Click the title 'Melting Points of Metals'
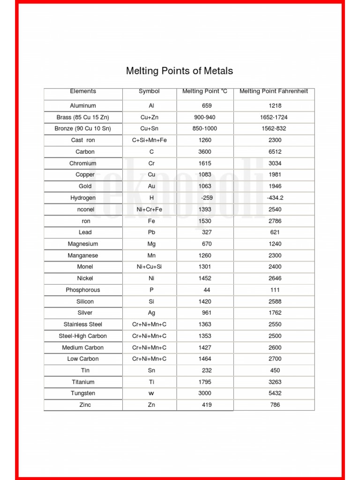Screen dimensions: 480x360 point(180,71)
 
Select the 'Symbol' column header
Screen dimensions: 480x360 point(149,91)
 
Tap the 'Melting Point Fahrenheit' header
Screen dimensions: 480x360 point(274,91)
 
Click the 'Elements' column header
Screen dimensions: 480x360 point(83,91)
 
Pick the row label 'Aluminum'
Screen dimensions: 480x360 point(83,106)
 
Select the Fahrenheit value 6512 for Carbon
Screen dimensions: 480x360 point(275,152)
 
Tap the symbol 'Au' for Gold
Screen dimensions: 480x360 point(151,186)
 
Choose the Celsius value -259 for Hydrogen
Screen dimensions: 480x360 point(206,198)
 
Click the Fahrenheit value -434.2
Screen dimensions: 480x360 point(275,198)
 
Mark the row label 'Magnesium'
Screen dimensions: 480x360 point(83,244)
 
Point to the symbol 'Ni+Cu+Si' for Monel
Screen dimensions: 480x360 point(150,267)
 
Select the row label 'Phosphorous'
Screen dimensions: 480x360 point(83,290)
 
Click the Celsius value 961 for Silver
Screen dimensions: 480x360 point(207,313)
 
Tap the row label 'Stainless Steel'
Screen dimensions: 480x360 point(83,324)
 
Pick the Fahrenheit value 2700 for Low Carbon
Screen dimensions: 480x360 point(275,359)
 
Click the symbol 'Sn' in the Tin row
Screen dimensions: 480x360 point(151,370)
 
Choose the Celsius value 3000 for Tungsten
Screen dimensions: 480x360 point(205,393)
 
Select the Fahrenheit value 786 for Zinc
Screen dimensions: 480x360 point(275,405)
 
